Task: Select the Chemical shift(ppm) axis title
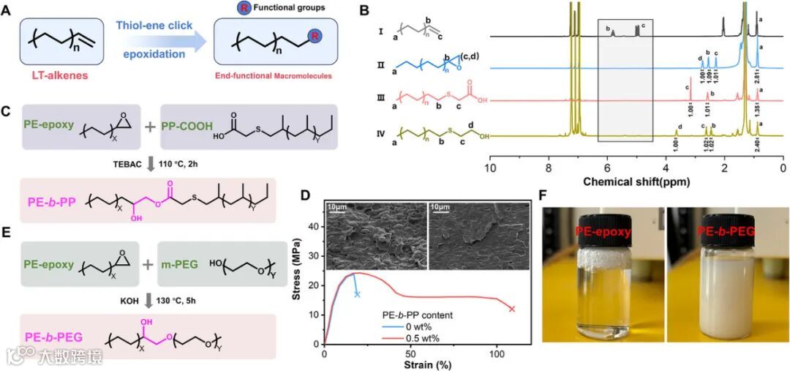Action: [x=636, y=179]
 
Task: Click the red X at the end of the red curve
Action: [x=511, y=308]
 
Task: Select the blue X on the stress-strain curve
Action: [x=357, y=294]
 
